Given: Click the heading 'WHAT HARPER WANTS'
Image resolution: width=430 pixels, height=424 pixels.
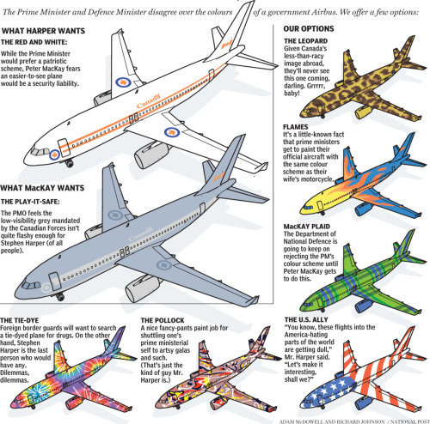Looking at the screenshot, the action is click(44, 31).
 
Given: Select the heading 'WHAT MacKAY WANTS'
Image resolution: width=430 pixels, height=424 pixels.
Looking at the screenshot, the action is click(42, 188).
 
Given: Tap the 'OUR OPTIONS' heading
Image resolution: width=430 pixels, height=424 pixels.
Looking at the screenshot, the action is click(309, 28).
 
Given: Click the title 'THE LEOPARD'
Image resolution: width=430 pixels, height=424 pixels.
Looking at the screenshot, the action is click(306, 41).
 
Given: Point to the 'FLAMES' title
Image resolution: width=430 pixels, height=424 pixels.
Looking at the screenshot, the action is click(296, 127).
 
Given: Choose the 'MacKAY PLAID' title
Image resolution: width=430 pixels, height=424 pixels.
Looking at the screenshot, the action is click(307, 227).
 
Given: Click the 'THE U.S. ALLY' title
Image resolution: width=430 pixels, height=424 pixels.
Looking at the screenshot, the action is click(306, 319).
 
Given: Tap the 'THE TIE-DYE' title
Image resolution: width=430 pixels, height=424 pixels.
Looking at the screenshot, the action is click(20, 320).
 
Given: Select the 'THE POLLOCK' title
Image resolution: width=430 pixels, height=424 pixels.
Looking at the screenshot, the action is click(163, 320).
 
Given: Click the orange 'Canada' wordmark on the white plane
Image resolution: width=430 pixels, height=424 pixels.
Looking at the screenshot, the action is click(149, 101).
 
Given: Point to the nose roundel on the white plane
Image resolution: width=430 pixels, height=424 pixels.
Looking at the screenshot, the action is click(54, 154).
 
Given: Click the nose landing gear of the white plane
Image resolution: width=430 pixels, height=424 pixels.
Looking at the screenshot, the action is click(69, 163).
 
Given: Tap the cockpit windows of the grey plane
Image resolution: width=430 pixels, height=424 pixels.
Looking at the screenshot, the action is click(32, 285).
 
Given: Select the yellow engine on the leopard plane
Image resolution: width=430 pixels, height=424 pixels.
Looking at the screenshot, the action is click(364, 112).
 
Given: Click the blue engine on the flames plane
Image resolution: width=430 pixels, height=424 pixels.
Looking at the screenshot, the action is click(363, 209).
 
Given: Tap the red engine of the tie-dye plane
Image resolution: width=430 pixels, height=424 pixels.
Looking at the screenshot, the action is click(74, 403).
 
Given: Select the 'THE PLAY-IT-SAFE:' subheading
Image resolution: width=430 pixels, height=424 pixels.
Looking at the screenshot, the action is click(30, 202).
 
